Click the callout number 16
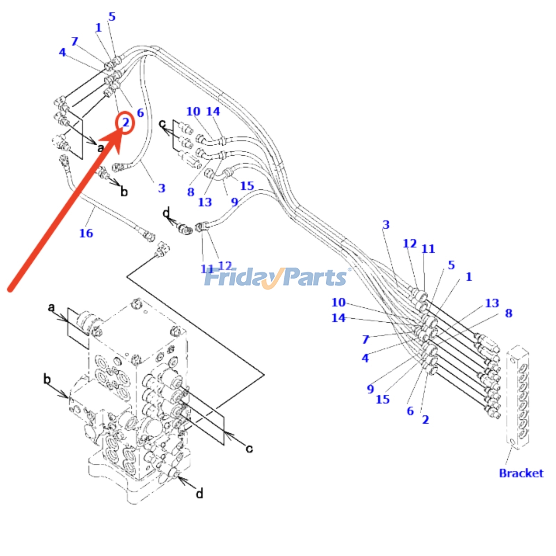(x=86, y=233)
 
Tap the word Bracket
(x=521, y=473)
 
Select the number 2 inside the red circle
(x=125, y=122)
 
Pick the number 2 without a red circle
(x=425, y=419)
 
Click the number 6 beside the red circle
(x=140, y=113)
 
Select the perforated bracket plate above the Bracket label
(x=518, y=398)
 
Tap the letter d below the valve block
(x=199, y=493)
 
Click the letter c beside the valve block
(x=249, y=449)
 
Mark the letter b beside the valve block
(x=47, y=379)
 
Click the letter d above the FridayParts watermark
(x=166, y=212)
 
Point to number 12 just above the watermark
(x=225, y=266)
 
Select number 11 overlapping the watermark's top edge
(x=207, y=269)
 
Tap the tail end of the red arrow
(x=10, y=289)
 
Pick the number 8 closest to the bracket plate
(x=508, y=313)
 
